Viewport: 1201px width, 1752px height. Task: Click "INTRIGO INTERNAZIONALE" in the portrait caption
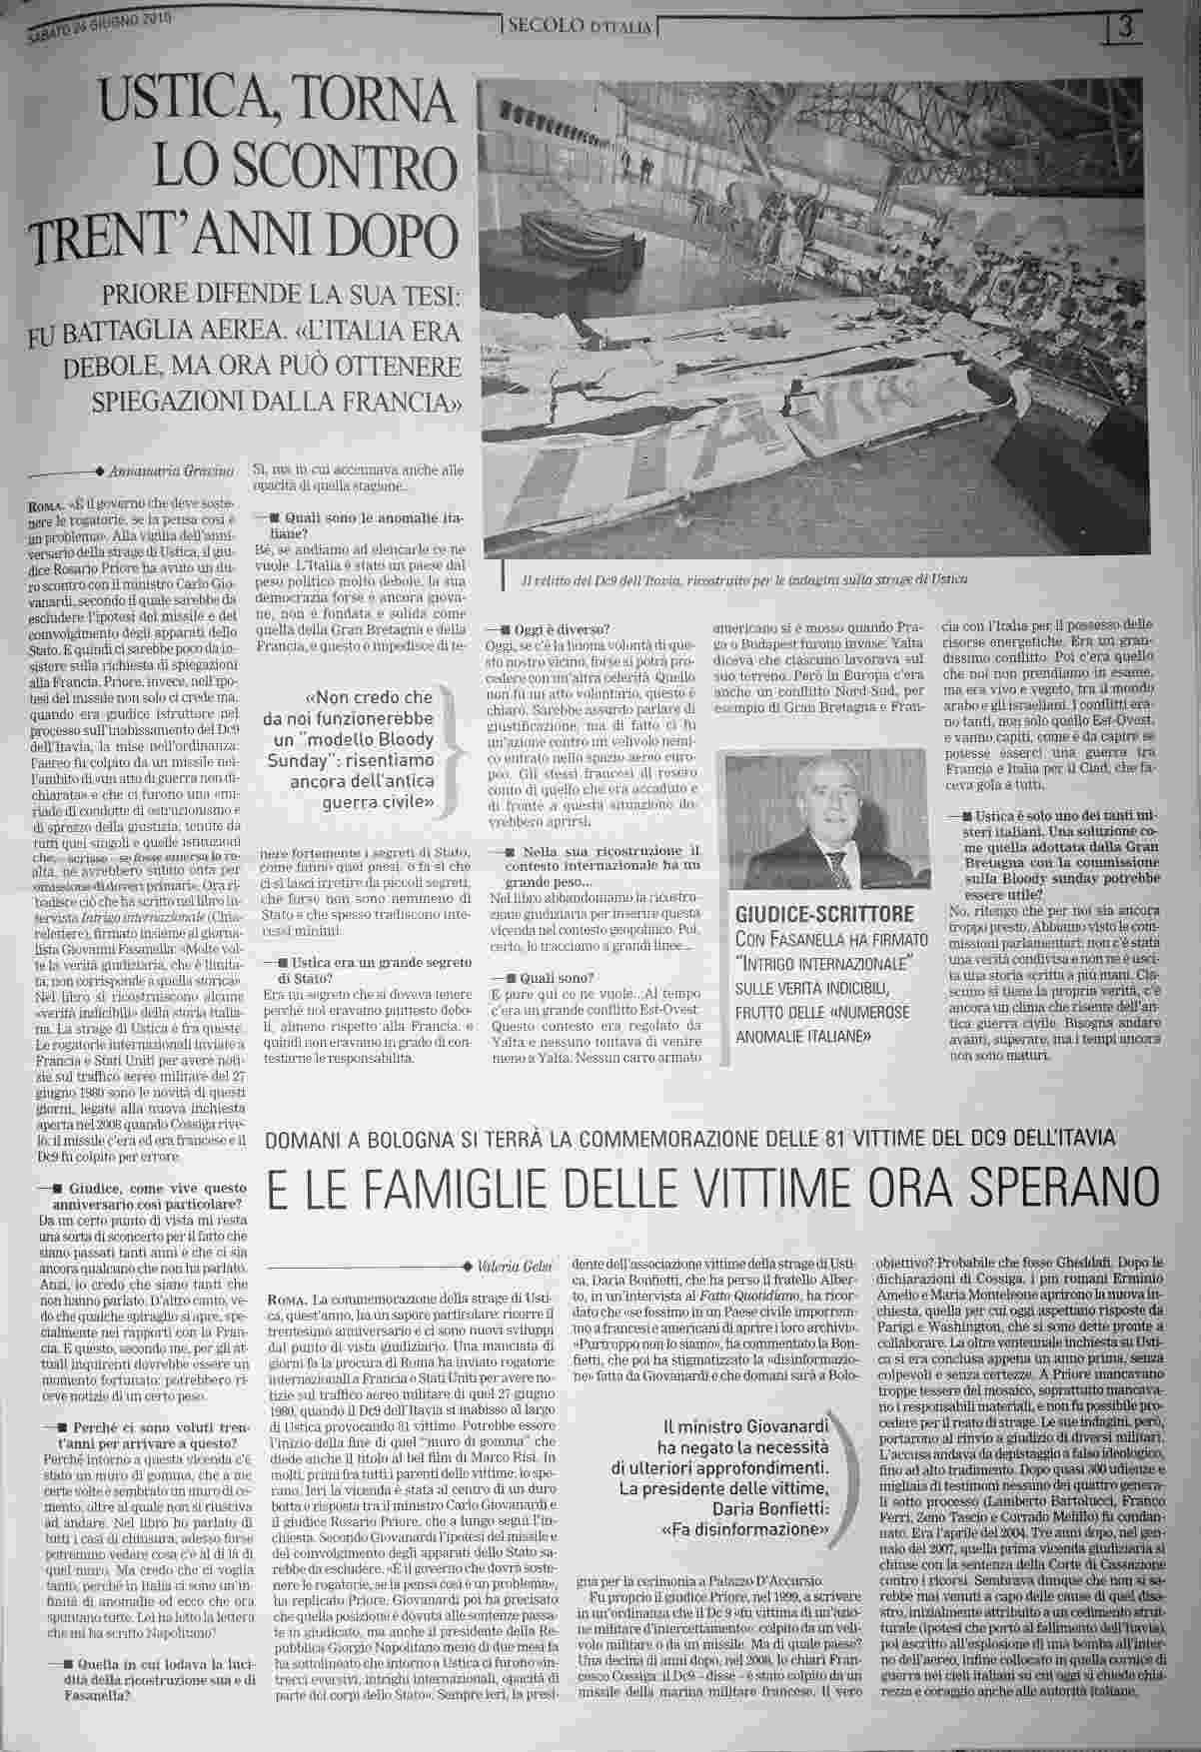(x=825, y=963)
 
